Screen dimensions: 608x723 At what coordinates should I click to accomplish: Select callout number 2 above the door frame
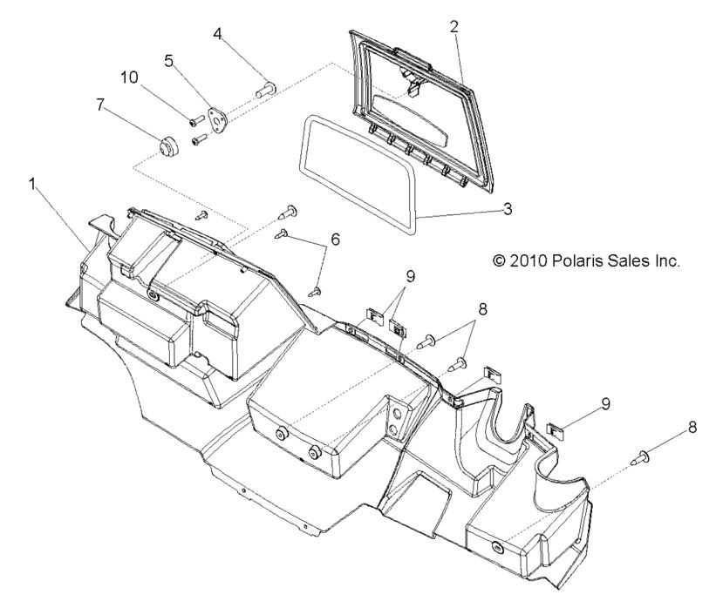coord(454,26)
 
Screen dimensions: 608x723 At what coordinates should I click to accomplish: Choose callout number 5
coord(170,61)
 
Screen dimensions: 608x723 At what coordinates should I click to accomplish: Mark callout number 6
coord(335,239)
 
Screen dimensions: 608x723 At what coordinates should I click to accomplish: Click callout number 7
coord(101,105)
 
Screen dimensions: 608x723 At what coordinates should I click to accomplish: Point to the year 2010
coord(529,260)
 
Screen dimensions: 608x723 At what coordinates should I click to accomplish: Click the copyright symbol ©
coord(499,260)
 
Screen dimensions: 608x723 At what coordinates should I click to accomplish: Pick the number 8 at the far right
coord(692,428)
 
